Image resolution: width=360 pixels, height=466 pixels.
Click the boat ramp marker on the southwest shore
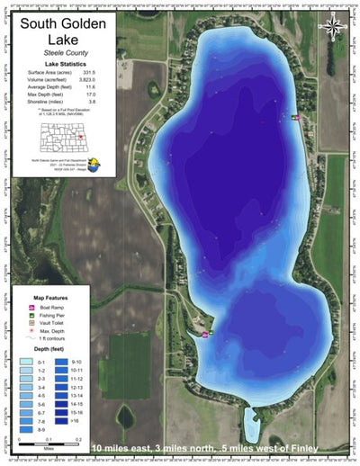tap(206, 335)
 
